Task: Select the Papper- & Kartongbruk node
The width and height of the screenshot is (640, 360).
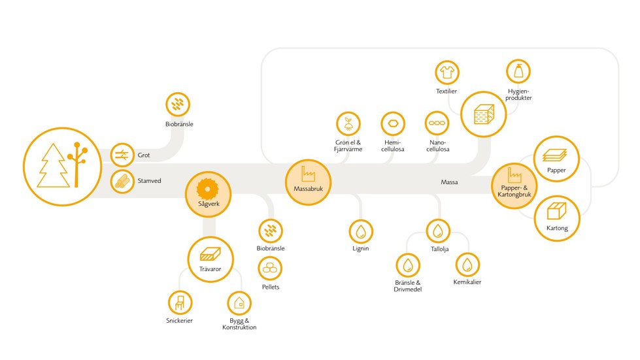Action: pyautogui.click(x=513, y=185)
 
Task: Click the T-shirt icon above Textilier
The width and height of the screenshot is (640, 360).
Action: pyautogui.click(x=447, y=72)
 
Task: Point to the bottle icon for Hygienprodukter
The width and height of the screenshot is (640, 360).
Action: pyautogui.click(x=518, y=72)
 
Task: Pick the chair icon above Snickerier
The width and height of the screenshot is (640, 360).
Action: pyautogui.click(x=179, y=303)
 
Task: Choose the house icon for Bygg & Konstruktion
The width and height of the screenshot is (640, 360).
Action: pyautogui.click(x=239, y=303)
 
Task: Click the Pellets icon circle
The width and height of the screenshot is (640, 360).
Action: pyautogui.click(x=270, y=268)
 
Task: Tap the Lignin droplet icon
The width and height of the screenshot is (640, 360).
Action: pyautogui.click(x=360, y=231)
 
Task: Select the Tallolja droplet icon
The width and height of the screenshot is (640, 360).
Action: pyautogui.click(x=438, y=231)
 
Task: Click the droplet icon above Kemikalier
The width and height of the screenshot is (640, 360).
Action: pyautogui.click(x=467, y=265)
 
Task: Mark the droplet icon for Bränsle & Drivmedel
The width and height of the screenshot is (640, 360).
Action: pyautogui.click(x=407, y=265)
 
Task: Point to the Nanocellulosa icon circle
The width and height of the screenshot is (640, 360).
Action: pyautogui.click(x=437, y=123)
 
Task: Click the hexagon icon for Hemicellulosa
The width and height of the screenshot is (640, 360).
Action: pyautogui.click(x=393, y=123)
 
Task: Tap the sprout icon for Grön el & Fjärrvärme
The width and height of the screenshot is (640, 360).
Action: pyautogui.click(x=348, y=123)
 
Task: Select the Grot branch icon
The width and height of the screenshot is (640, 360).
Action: pyautogui.click(x=122, y=155)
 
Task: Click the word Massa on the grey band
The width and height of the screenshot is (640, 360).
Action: pyautogui.click(x=449, y=182)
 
